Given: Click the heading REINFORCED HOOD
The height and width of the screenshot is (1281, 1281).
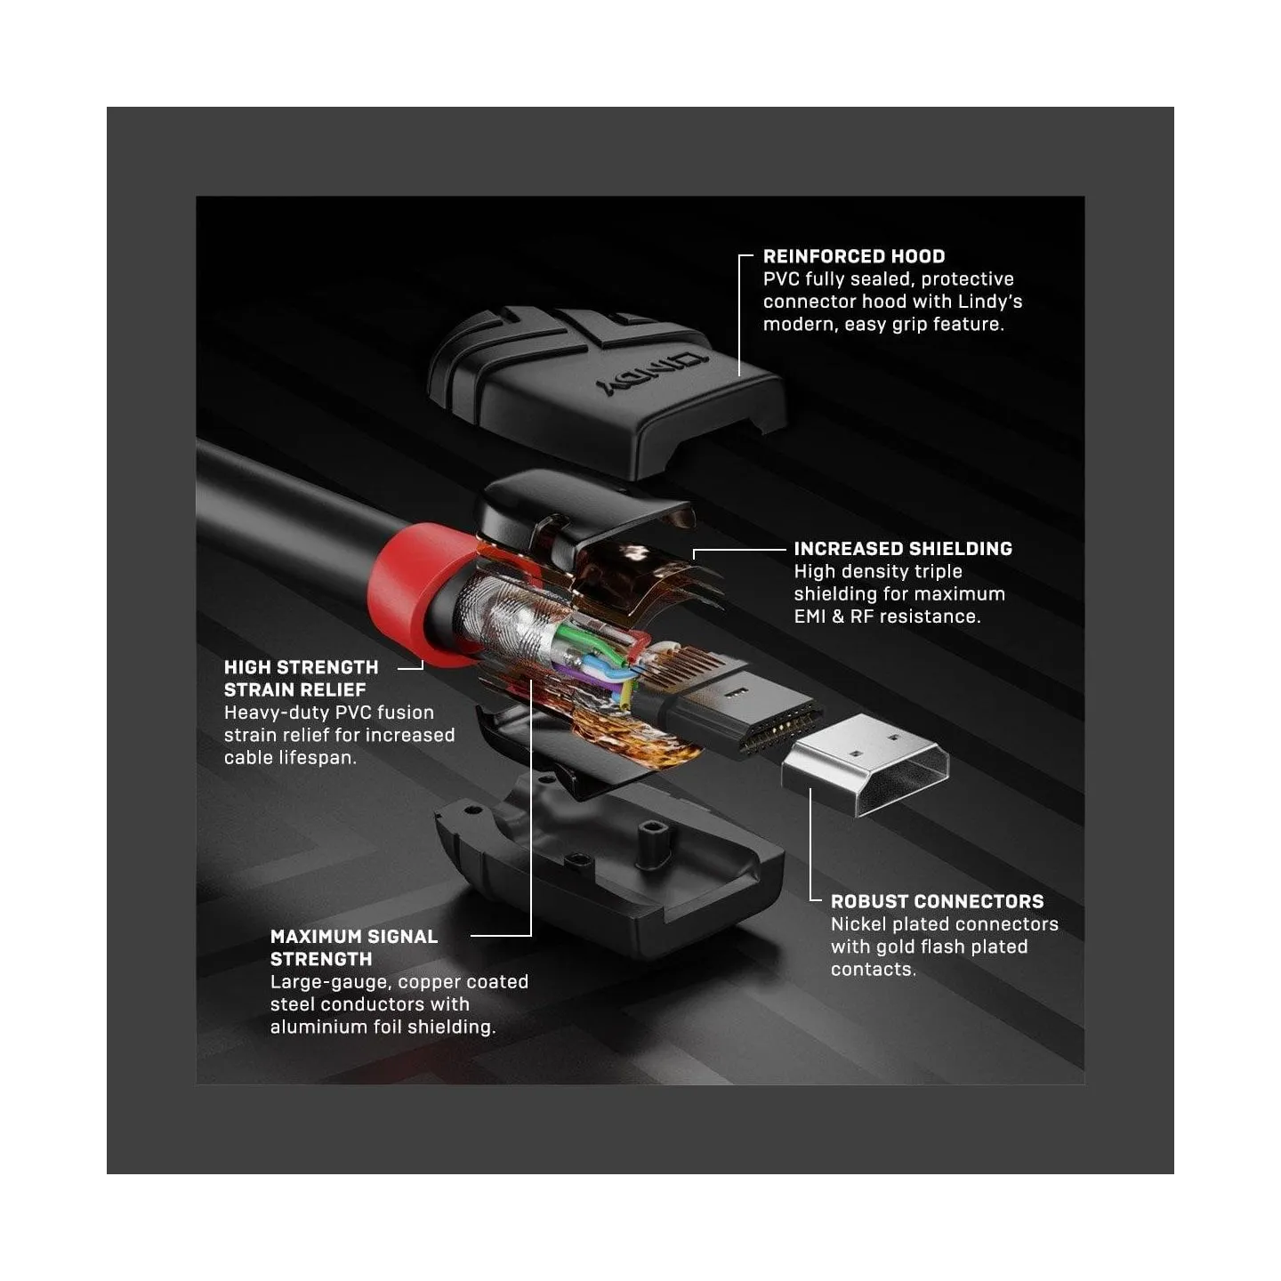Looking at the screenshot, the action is click(854, 256).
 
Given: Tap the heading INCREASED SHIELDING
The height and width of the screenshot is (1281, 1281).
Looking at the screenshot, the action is click(903, 549).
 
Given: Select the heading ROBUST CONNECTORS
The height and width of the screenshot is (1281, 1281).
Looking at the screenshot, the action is click(937, 901).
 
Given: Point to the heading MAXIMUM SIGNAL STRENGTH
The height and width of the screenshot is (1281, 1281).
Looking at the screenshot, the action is click(354, 948).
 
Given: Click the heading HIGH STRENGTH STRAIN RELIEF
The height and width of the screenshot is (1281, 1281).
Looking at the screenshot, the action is click(301, 678).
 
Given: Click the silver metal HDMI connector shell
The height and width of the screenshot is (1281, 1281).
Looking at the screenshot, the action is click(864, 764).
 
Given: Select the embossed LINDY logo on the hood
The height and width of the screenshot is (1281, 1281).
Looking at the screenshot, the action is click(651, 374).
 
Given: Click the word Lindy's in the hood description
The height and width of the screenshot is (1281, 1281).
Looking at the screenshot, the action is click(989, 302).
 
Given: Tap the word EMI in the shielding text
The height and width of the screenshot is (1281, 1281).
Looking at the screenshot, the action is click(810, 616).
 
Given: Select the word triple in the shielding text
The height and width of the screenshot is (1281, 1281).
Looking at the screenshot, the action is click(938, 572).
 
